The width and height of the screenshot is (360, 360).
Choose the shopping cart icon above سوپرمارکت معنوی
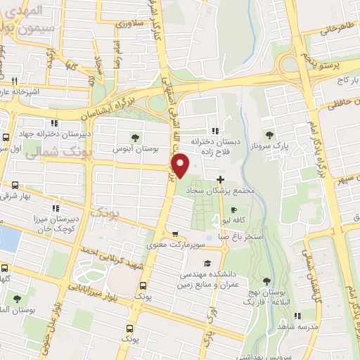pyautogui.click(x=175, y=235)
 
